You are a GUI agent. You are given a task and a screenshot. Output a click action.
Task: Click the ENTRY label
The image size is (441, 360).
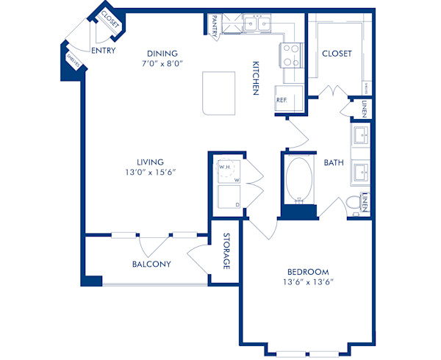tap(104, 51)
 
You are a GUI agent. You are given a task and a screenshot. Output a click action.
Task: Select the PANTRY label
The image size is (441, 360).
tap(214, 24)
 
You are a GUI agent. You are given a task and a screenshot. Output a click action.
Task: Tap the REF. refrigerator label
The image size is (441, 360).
tap(282, 99)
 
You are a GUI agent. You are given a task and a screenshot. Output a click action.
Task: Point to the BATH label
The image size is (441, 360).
tap(334, 162)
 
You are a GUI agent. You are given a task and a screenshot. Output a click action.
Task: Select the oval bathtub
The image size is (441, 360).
tap(298, 180)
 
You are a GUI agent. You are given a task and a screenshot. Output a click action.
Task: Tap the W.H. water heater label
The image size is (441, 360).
tap(224, 167)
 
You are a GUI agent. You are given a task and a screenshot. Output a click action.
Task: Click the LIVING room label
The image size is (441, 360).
tap(149, 162)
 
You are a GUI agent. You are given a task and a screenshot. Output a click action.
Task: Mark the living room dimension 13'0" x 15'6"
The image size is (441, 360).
tap(149, 173)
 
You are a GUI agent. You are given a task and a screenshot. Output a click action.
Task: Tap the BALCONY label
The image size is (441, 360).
tap(151, 264)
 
